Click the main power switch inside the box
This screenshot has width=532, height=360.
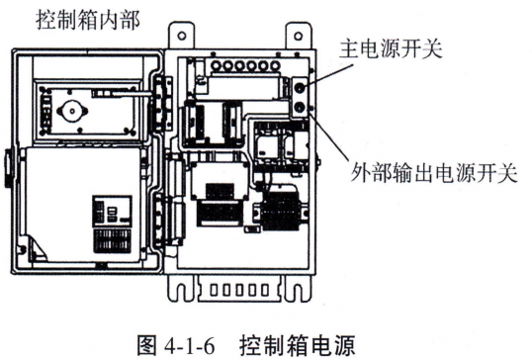pos(297,86)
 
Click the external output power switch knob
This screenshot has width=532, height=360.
pos(297,108)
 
